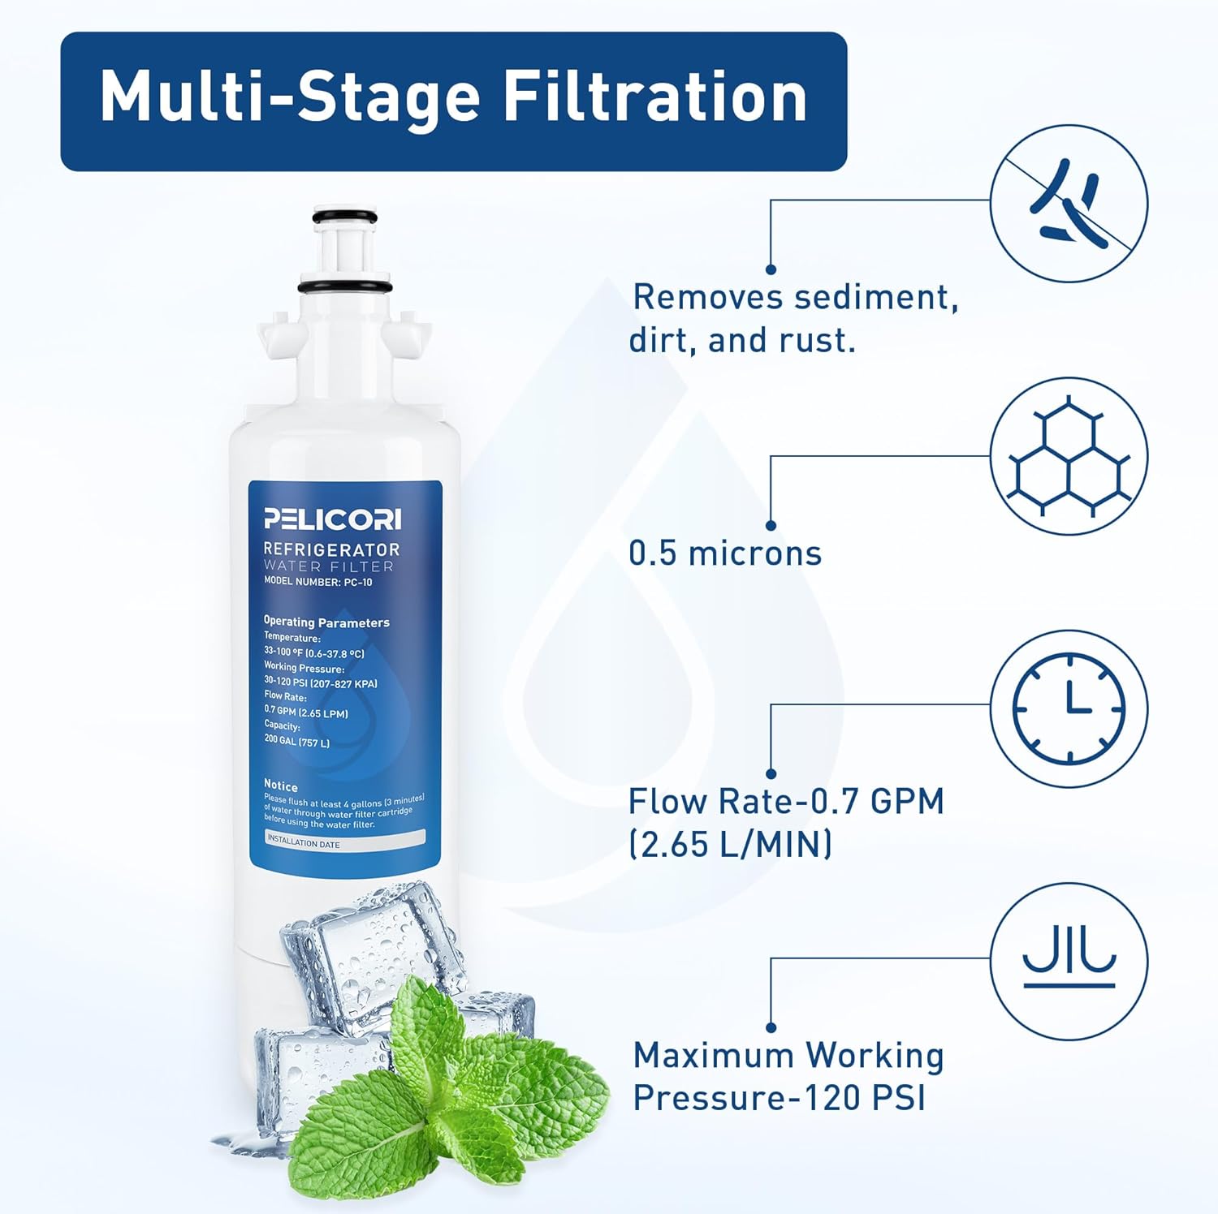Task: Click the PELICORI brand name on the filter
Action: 332,519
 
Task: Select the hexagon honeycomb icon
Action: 1069,456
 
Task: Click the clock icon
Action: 1069,708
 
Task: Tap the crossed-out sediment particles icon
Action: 1069,203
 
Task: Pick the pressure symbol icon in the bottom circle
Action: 1069,961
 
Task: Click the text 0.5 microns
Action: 725,553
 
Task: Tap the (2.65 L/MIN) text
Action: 730,845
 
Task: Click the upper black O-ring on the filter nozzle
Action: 346,217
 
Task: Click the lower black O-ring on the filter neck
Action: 345,287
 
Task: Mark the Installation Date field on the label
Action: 345,841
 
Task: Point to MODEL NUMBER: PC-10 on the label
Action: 317,582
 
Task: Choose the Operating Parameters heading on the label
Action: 326,622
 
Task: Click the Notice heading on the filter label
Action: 281,786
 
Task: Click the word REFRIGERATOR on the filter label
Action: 331,549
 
